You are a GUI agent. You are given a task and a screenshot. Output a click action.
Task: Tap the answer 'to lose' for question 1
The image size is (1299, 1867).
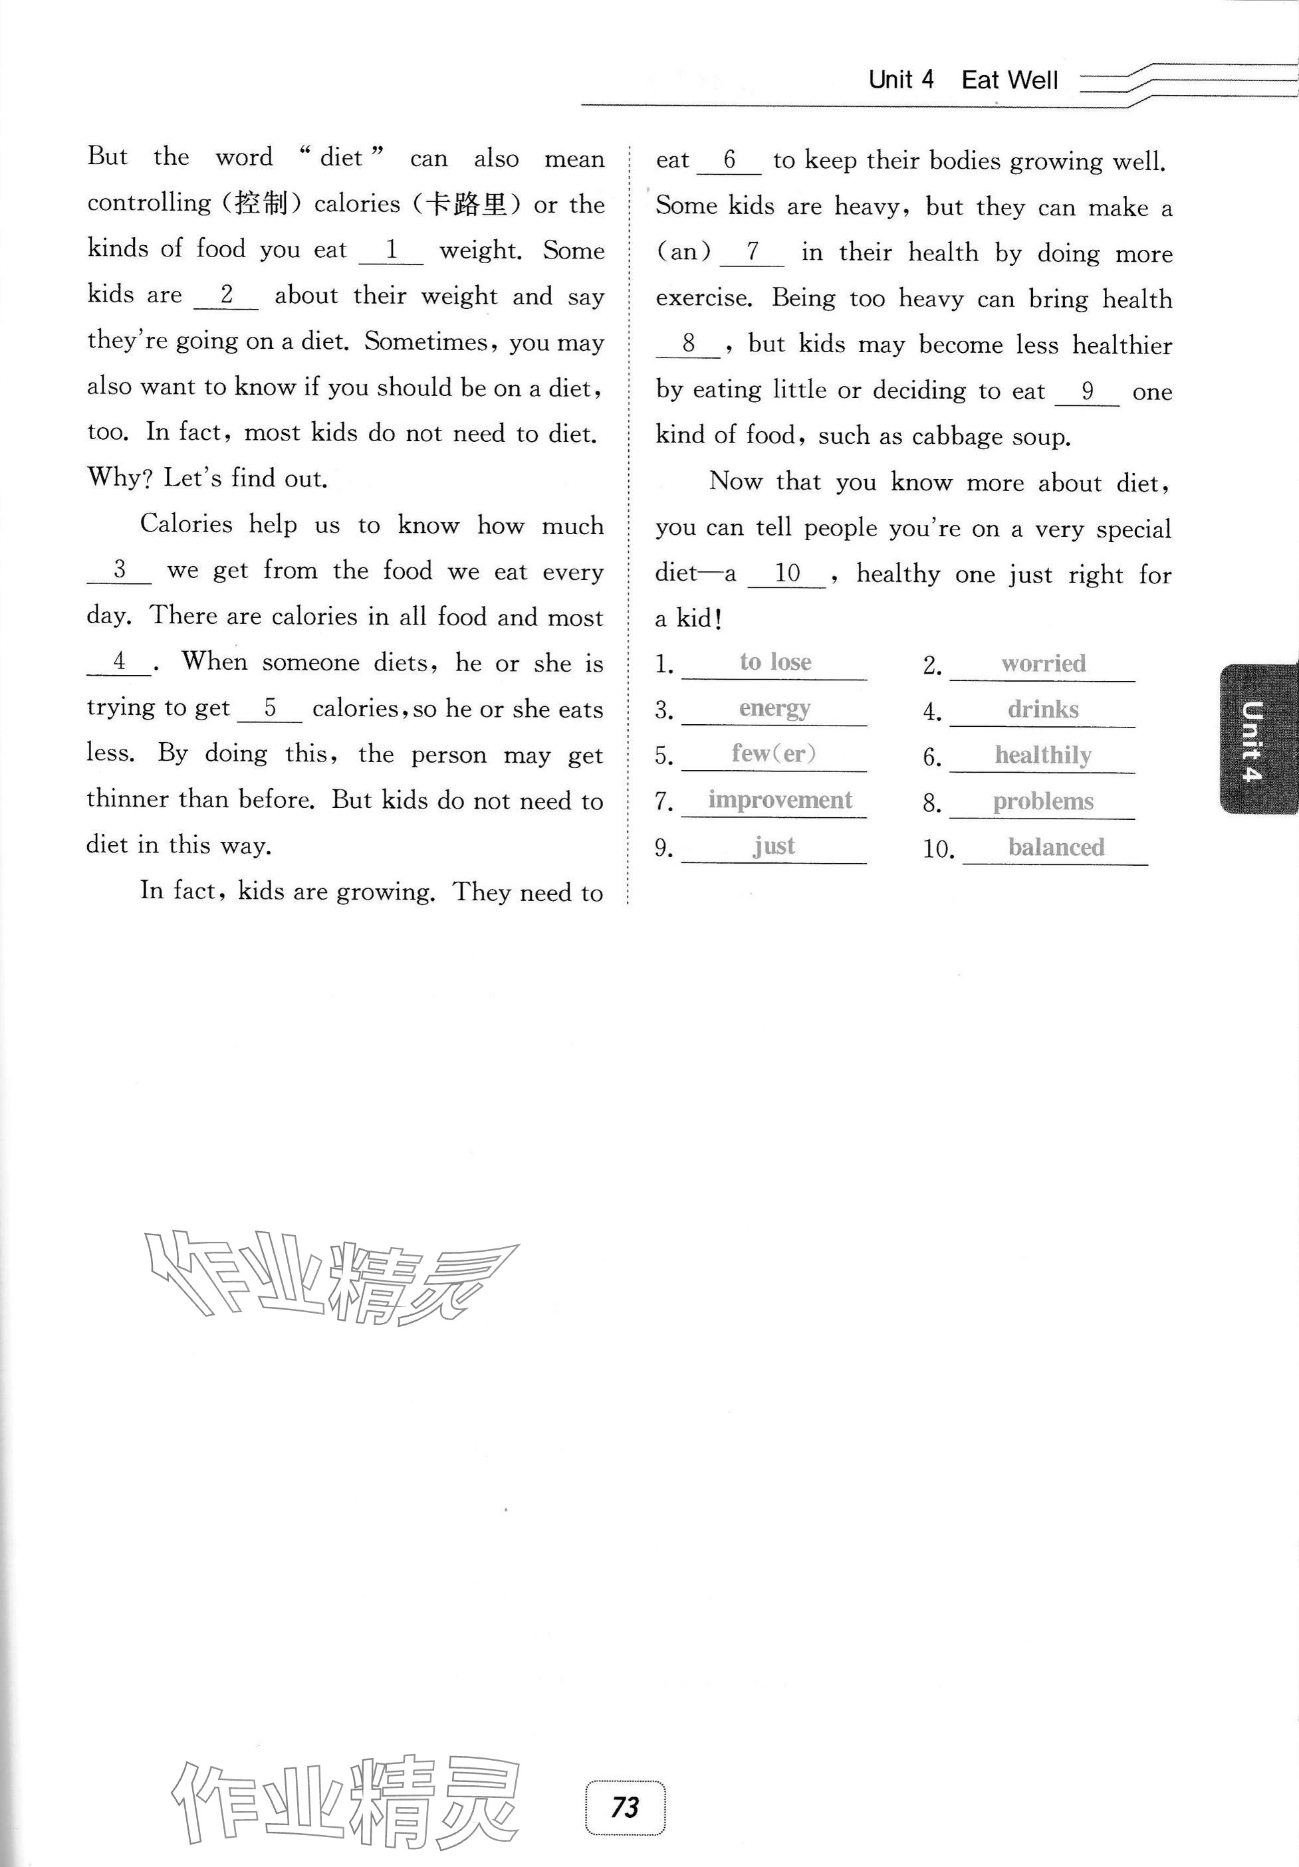click(x=775, y=662)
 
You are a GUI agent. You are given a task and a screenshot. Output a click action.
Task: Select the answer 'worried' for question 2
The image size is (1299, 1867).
click(x=1043, y=664)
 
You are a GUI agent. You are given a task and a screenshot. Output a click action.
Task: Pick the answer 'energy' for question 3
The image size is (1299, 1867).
click(x=774, y=708)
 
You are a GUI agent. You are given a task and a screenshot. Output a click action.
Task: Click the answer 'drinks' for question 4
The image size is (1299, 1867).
click(x=1043, y=709)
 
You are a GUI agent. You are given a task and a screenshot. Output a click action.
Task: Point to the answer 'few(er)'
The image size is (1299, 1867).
click(x=774, y=754)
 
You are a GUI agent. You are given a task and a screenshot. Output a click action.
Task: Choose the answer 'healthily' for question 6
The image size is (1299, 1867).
click(x=1043, y=755)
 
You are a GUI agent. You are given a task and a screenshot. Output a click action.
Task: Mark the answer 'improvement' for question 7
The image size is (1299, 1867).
click(x=779, y=800)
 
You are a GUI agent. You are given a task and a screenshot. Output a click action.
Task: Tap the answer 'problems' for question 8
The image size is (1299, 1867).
click(x=1043, y=802)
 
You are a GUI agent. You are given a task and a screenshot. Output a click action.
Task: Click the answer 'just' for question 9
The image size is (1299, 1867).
click(x=774, y=846)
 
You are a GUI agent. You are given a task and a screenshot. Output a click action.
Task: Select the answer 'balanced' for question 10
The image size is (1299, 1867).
click(x=1056, y=847)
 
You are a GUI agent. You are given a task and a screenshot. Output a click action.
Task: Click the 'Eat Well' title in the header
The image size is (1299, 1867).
click(x=1009, y=80)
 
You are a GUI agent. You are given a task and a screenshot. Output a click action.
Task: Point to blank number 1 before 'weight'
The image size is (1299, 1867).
click(x=392, y=250)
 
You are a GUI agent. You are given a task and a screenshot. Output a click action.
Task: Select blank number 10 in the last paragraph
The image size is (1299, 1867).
click(x=787, y=573)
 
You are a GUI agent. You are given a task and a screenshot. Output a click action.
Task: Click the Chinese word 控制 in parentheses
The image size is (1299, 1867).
click(x=261, y=203)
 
